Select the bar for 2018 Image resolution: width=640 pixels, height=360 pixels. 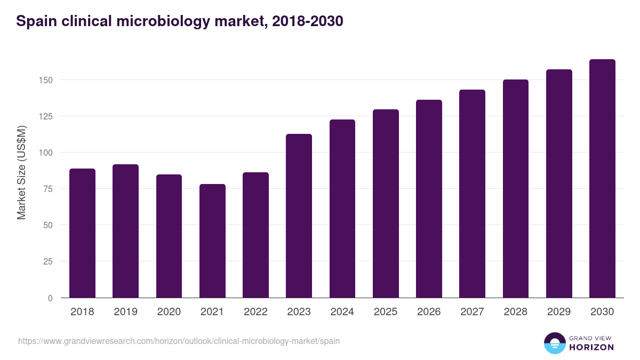click(82, 233)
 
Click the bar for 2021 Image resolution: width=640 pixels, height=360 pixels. click(212, 241)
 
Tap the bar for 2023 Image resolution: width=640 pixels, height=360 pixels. click(299, 215)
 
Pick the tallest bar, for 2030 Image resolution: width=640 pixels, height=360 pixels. click(602, 178)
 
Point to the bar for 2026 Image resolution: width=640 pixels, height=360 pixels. click(429, 198)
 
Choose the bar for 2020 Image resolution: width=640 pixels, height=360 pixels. click(169, 236)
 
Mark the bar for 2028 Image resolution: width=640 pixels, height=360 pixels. click(515, 188)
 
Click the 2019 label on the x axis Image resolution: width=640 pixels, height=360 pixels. click(125, 312)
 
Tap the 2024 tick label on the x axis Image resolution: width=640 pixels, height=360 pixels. click(342, 312)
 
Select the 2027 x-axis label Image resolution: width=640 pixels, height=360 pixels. click(472, 312)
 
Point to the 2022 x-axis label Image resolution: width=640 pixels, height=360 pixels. click(255, 312)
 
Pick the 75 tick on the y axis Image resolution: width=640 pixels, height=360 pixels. click(48, 189)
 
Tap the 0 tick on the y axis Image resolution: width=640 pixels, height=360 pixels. click(51, 298)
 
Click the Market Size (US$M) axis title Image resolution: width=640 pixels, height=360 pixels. click(21, 172)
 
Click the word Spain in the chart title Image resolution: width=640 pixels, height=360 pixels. click(35, 21)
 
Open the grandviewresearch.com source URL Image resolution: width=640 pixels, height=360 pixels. click(179, 341)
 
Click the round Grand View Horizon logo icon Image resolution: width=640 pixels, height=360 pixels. click(554, 343)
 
